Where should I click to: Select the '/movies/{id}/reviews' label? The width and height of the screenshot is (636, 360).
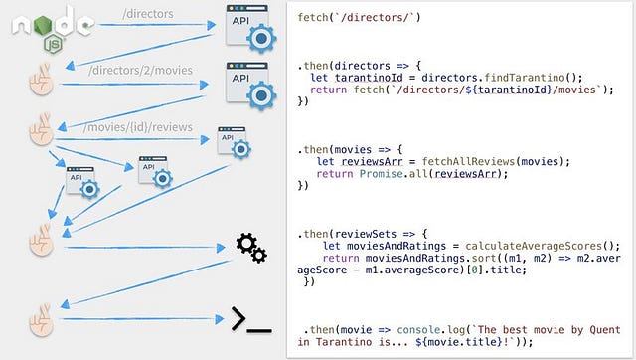[x=139, y=128]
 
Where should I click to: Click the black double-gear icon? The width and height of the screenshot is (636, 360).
[x=250, y=248]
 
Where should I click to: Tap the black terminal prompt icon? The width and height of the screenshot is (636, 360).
[x=250, y=319]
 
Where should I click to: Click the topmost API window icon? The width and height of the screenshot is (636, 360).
[x=248, y=28]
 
